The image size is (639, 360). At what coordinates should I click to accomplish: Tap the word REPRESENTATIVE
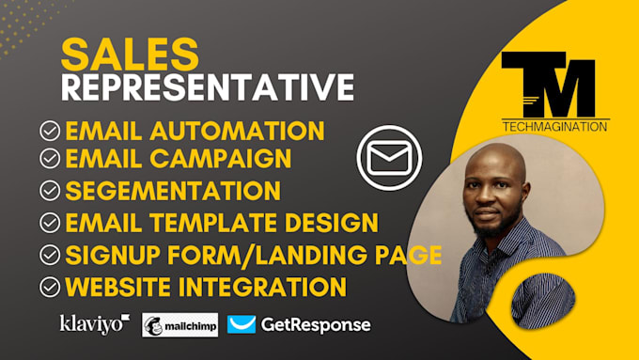[207, 87]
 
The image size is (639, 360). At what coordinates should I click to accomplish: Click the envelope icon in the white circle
[389, 157]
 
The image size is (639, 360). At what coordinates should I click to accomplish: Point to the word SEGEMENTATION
[173, 191]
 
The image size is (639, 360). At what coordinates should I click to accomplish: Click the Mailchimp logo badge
[179, 325]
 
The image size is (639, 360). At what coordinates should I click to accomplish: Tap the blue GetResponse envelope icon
[242, 324]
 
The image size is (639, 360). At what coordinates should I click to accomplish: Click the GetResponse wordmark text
[315, 325]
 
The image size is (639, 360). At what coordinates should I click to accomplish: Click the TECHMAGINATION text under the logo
[553, 126]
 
